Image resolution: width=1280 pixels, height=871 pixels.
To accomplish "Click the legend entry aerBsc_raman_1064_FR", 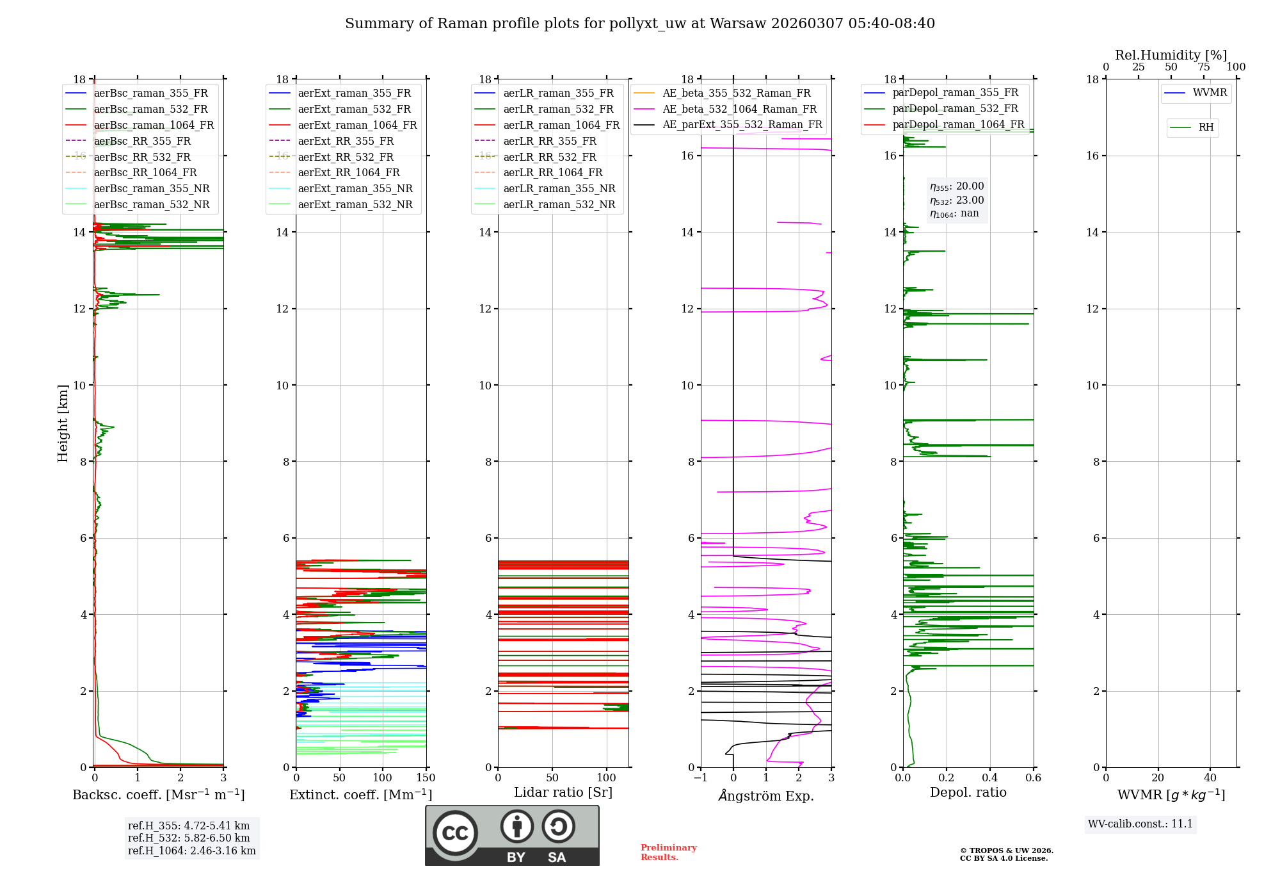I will (154, 126).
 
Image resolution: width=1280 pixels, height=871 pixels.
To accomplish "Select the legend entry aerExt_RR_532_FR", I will (346, 157).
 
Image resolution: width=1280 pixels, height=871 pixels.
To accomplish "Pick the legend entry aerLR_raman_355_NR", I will (559, 188).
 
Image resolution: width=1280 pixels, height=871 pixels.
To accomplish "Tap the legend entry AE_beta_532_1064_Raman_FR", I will (739, 110).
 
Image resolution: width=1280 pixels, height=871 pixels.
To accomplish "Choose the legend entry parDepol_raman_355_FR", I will (955, 93).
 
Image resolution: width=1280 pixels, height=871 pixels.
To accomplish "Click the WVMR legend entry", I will (1209, 93).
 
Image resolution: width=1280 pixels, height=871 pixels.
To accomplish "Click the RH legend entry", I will (1206, 127).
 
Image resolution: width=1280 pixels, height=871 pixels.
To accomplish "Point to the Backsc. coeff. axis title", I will (158, 795).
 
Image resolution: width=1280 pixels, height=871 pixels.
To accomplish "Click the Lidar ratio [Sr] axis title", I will (563, 793).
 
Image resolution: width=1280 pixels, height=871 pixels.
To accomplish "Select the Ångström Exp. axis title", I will (766, 795).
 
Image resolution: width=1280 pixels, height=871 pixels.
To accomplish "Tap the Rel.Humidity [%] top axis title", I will (1171, 55).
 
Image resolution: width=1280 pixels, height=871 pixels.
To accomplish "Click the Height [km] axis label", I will (63, 423).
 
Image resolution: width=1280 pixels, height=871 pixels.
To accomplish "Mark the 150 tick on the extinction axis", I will (426, 778).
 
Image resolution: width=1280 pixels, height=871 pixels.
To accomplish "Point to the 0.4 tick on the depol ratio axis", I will (990, 778).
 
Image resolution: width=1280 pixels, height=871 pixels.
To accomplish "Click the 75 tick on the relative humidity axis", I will (1204, 67).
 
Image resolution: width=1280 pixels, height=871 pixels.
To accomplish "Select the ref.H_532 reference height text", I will (189, 838).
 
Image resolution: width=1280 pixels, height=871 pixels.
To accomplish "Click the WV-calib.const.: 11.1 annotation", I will (1140, 824).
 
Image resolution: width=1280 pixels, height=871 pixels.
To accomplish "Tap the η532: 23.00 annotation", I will (957, 200).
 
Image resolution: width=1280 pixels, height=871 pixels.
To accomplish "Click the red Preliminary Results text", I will (668, 852).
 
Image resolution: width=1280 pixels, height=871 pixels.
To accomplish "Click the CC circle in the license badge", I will (455, 833).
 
